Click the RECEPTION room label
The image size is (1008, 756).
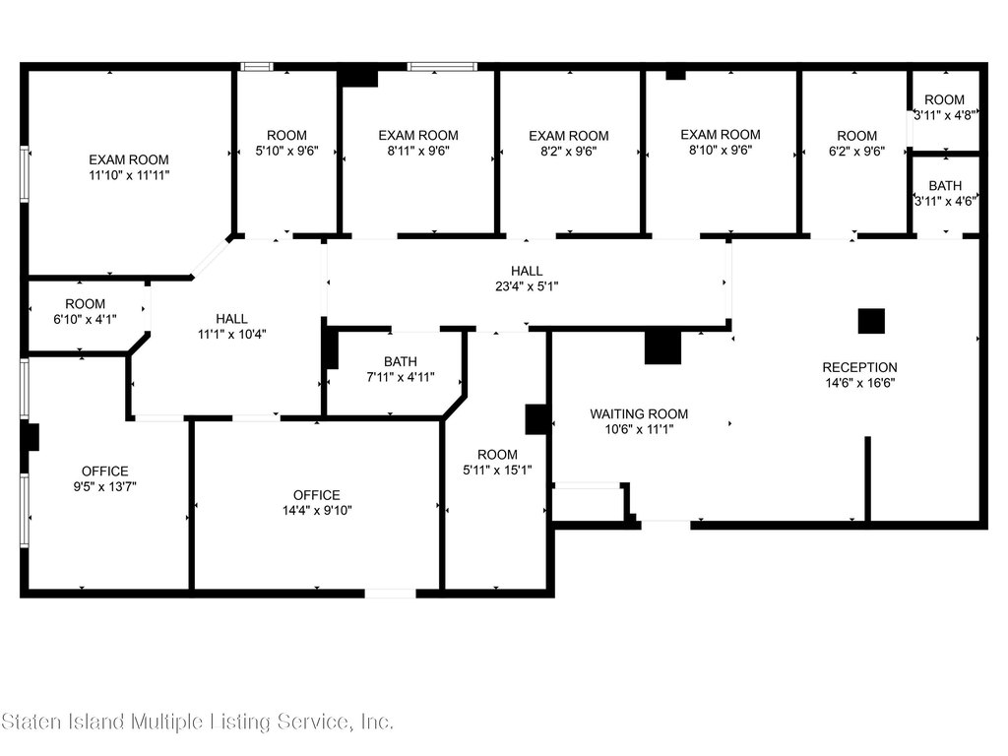point(859,368)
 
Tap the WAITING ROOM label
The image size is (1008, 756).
point(639,414)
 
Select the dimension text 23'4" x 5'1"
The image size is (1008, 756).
point(527,286)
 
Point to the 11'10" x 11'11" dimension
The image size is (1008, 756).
point(129,175)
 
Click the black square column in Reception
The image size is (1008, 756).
point(871,322)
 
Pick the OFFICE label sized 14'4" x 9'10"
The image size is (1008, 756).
point(316,495)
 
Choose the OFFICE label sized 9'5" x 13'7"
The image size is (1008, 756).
point(104,472)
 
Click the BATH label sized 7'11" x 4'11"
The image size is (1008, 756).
point(401,362)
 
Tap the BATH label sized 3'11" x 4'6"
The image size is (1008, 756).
point(945,186)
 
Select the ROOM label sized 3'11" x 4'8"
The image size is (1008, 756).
point(944,99)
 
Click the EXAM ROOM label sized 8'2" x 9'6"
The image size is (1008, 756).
point(569,136)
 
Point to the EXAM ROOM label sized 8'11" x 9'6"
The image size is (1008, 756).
point(417,135)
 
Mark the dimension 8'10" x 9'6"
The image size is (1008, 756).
point(720,150)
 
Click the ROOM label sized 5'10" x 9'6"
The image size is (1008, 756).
point(286,135)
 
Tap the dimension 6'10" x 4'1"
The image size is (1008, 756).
point(85,319)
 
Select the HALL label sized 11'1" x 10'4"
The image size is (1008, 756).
point(231,319)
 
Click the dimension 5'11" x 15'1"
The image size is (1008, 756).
point(497,470)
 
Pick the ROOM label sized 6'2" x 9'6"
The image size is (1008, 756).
point(857,136)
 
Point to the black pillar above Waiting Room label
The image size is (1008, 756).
point(662,347)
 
